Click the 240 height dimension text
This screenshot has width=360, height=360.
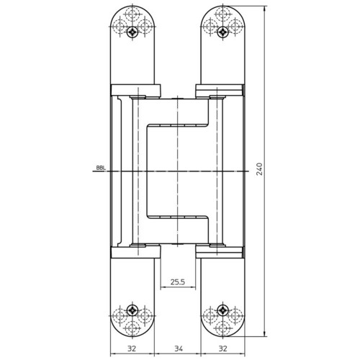tap(260, 169)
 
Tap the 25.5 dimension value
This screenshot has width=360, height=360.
tap(178, 282)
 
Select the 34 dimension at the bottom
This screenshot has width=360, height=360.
tap(178, 348)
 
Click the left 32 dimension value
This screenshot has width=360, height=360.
tap(132, 348)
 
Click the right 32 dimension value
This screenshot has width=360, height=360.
tap(222, 348)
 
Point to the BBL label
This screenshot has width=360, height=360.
tap(101, 168)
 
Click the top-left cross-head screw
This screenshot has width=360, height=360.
tap(132, 32)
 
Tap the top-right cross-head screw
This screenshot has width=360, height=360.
tap(223, 32)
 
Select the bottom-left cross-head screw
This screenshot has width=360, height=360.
tap(132, 310)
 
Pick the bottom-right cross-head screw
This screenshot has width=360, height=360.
tap(223, 310)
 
